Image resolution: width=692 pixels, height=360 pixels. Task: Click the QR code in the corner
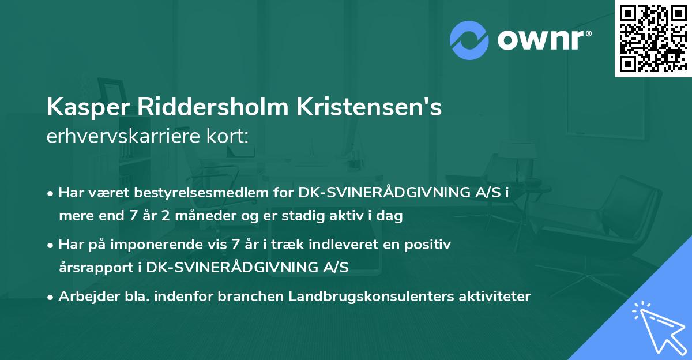tap(653, 39)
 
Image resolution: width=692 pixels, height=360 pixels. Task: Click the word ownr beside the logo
tap(542, 39)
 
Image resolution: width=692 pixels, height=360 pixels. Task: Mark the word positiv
tap(428, 245)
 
